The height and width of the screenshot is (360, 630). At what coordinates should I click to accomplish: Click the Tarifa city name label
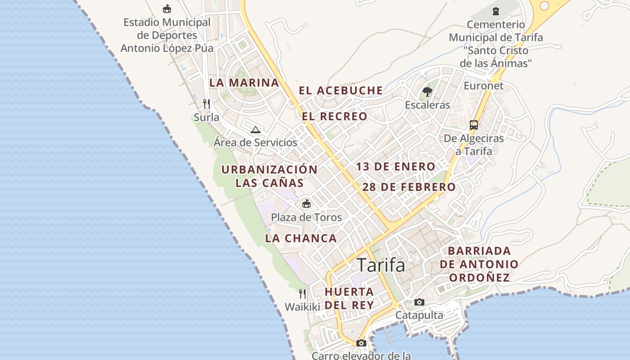click(381, 265)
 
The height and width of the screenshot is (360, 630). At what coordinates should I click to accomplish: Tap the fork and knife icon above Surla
click(207, 104)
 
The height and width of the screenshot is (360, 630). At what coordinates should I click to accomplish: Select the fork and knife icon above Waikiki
click(302, 294)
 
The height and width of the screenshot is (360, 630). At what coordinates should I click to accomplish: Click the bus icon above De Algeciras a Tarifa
click(474, 125)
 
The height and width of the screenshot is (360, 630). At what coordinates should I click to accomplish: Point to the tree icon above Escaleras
click(427, 92)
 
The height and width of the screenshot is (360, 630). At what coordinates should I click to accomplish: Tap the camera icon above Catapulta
click(419, 302)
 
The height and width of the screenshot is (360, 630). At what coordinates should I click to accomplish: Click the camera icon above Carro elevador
click(361, 343)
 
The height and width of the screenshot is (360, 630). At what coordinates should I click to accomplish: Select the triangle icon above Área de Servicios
click(256, 130)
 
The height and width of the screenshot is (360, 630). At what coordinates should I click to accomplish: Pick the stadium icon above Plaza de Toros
click(306, 203)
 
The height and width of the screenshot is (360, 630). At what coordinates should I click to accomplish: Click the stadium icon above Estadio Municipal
click(167, 9)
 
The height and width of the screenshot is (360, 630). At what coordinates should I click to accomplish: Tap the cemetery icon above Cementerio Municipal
click(495, 11)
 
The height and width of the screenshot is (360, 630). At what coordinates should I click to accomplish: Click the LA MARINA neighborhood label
click(244, 83)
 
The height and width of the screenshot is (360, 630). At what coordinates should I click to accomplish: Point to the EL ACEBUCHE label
click(341, 90)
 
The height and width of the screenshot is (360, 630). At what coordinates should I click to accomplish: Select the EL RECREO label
click(334, 117)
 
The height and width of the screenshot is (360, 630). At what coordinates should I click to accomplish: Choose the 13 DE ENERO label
click(396, 166)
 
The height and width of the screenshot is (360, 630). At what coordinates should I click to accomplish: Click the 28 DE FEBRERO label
click(409, 187)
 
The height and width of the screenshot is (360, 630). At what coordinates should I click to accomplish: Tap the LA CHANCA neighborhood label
click(301, 238)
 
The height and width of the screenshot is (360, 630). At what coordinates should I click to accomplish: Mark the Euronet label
click(484, 85)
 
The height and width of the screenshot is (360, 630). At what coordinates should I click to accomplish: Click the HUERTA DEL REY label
click(349, 298)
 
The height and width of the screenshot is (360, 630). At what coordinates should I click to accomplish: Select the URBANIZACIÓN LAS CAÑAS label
click(270, 176)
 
